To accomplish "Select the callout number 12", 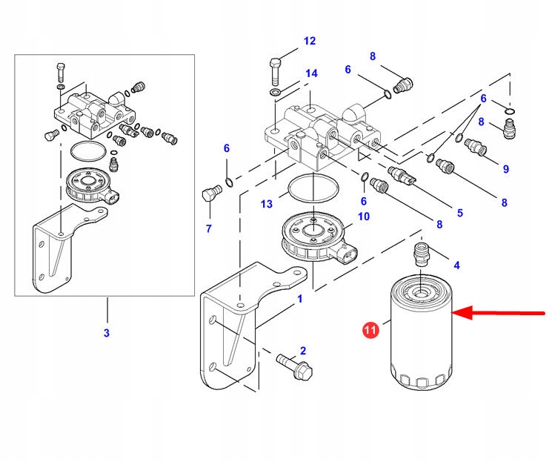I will (x=309, y=41).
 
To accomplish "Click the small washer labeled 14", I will (x=275, y=92).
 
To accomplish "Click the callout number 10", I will (x=363, y=217).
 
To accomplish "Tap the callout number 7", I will (x=208, y=228).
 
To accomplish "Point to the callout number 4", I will (x=456, y=265).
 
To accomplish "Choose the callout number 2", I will (x=302, y=350).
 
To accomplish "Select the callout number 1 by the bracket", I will (x=299, y=299).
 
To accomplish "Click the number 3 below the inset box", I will (x=106, y=334).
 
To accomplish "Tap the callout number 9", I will (x=505, y=169).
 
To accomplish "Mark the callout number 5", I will (x=459, y=213).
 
